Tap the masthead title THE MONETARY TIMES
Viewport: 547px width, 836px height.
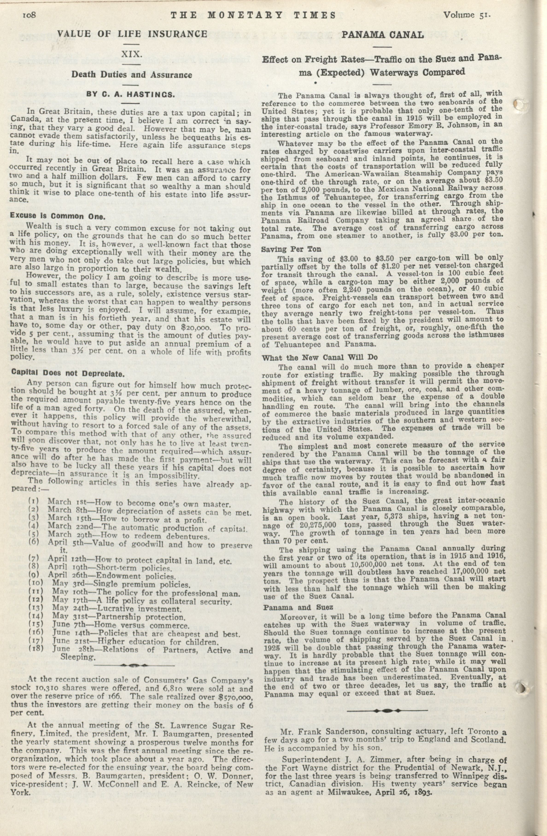[253, 15]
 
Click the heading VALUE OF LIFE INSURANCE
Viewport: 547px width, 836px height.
[132, 34]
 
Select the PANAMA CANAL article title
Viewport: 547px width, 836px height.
[383, 35]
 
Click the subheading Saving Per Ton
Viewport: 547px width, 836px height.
[291, 249]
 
